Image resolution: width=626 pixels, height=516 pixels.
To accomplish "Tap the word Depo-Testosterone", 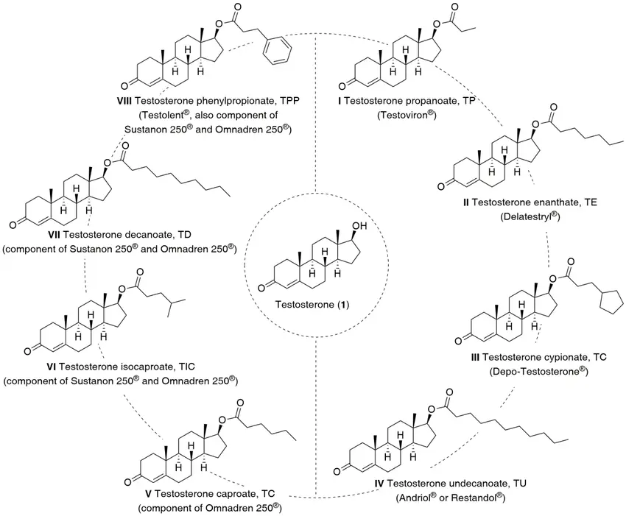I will [x=537, y=372].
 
